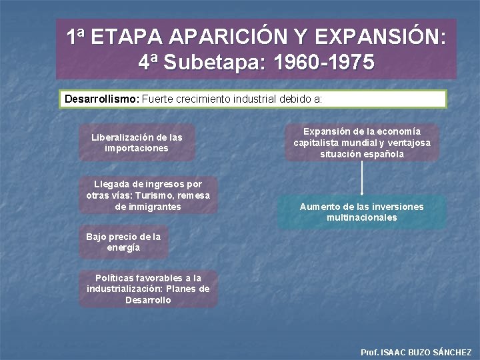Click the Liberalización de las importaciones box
(137, 143)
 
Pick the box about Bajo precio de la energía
(123, 242)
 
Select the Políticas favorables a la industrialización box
(148, 289)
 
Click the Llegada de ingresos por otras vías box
(148, 195)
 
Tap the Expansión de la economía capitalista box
(362, 143)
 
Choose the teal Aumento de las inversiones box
(361, 212)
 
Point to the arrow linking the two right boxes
(362, 178)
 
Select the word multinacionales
(361, 218)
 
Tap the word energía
(123, 247)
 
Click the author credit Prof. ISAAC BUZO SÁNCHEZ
(415, 352)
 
